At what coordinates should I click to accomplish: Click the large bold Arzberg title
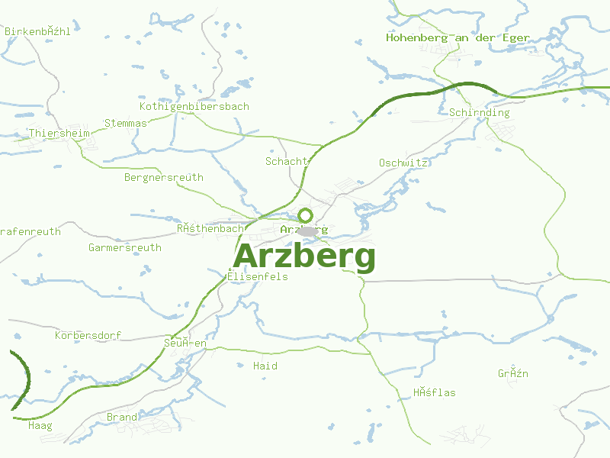304,257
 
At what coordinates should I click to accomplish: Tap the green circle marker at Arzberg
305,215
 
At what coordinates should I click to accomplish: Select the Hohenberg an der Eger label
457,37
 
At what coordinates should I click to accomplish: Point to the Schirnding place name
480,113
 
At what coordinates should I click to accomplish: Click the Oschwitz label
403,163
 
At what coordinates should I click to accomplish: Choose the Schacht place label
287,161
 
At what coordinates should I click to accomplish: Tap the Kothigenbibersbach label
194,107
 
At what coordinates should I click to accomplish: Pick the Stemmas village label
126,123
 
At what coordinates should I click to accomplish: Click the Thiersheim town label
59,134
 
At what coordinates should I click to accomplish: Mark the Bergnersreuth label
164,178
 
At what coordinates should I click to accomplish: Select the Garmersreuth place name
125,248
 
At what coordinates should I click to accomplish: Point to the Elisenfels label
258,277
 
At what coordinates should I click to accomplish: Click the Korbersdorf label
88,336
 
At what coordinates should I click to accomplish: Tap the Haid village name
265,366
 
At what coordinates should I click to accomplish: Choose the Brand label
122,418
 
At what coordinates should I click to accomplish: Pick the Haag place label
40,426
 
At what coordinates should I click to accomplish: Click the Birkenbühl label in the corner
37,32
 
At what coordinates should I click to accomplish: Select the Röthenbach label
210,228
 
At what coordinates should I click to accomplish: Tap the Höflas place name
435,393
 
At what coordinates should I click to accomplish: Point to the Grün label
513,374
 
